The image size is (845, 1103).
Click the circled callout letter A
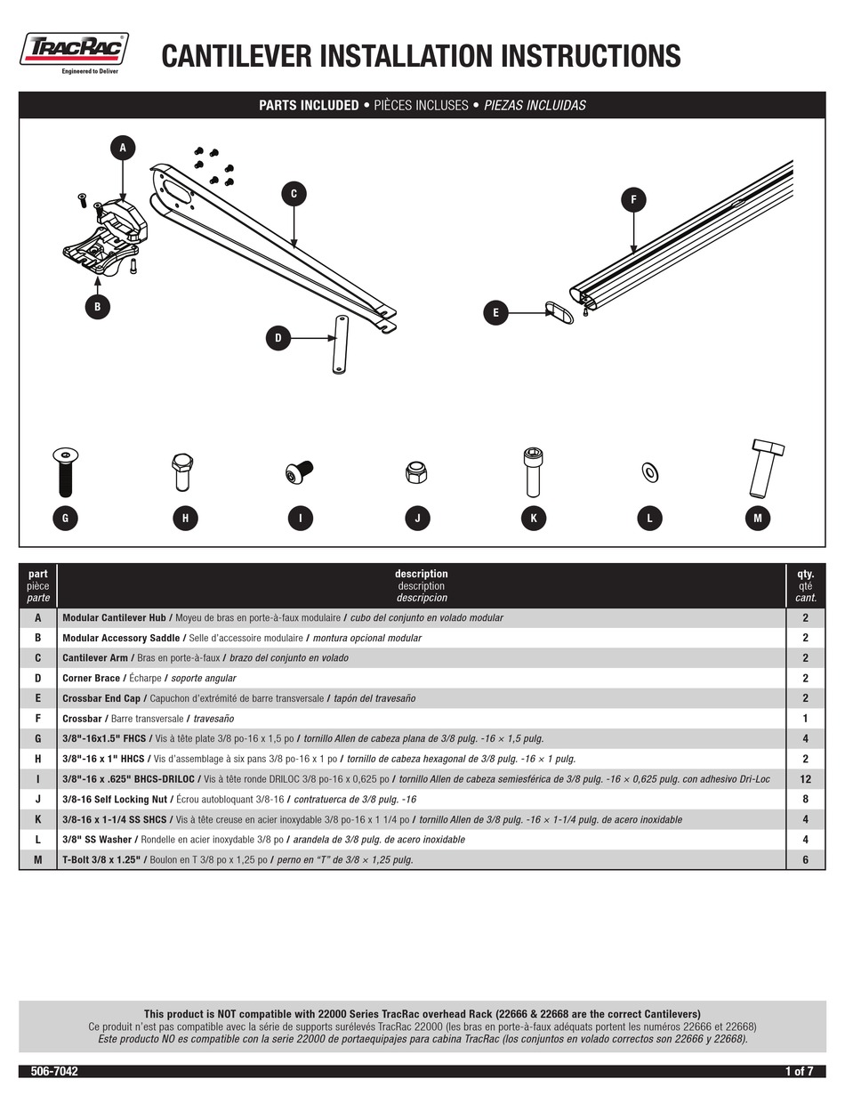(x=123, y=148)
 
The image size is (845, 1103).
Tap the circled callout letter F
(x=633, y=200)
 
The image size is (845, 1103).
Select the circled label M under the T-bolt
(x=757, y=519)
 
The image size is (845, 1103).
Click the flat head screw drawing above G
(x=65, y=471)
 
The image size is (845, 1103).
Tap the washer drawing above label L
(x=649, y=471)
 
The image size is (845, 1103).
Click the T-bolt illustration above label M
(x=764, y=468)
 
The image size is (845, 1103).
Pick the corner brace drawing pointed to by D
(x=340, y=345)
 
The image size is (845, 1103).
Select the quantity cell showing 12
(x=805, y=779)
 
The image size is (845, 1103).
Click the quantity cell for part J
(x=805, y=799)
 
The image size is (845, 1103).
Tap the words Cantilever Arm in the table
(x=95, y=658)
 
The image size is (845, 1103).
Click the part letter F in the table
(x=37, y=719)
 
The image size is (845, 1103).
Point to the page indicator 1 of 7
(x=799, y=1072)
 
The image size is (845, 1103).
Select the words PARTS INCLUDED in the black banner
(x=309, y=106)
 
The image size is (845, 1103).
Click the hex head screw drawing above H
(x=181, y=471)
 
